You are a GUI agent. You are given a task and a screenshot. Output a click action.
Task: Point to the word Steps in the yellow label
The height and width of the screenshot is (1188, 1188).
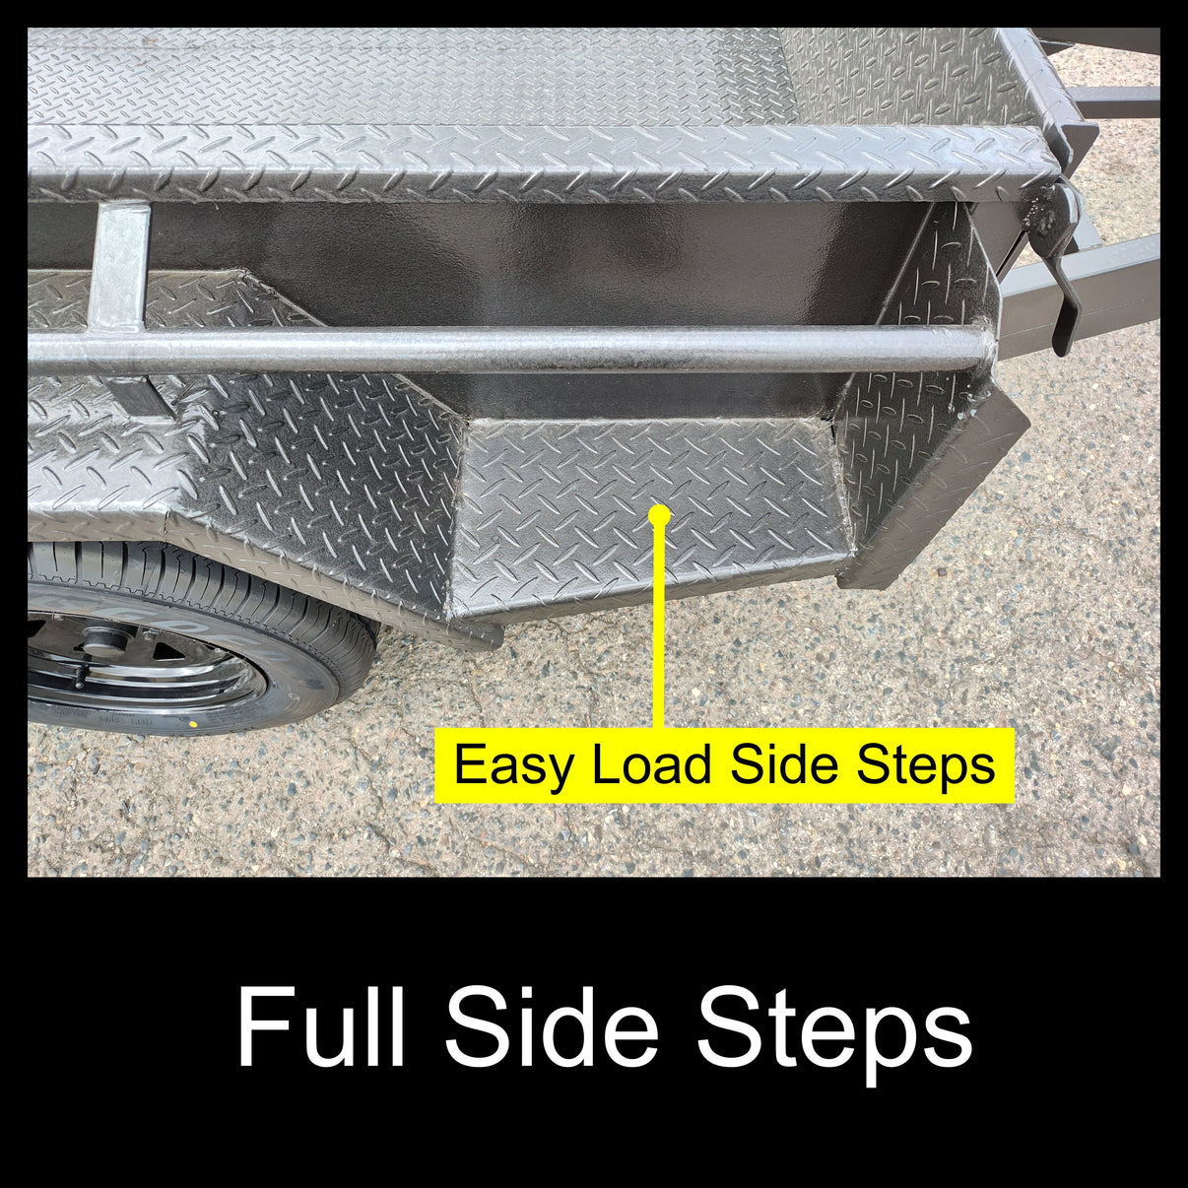click(926, 765)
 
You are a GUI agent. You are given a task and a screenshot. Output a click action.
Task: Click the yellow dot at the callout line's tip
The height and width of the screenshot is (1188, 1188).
click(660, 514)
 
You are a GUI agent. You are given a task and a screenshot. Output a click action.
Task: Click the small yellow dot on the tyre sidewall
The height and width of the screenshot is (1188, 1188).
click(194, 724)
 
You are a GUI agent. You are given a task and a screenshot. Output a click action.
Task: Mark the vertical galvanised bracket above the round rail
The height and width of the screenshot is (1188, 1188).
click(119, 266)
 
